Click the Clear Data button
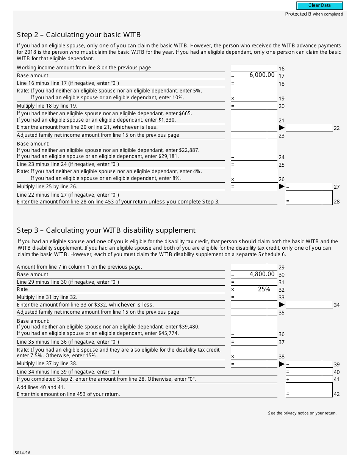pyautogui.click(x=319, y=6)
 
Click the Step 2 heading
pyautogui.click(x=79, y=35)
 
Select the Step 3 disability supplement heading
pyautogui.click(x=106, y=230)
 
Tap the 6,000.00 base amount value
pyautogui.click(x=262, y=75)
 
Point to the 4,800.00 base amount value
pyautogui.click(x=262, y=274)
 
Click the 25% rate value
pyautogui.click(x=263, y=289)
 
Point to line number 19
pyautogui.click(x=282, y=99)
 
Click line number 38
pyautogui.click(x=282, y=357)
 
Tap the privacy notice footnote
pyautogui.click(x=302, y=413)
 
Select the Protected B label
pyautogui.click(x=314, y=14)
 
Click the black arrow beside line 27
pyautogui.click(x=282, y=186)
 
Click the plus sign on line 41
pyautogui.click(x=288, y=379)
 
